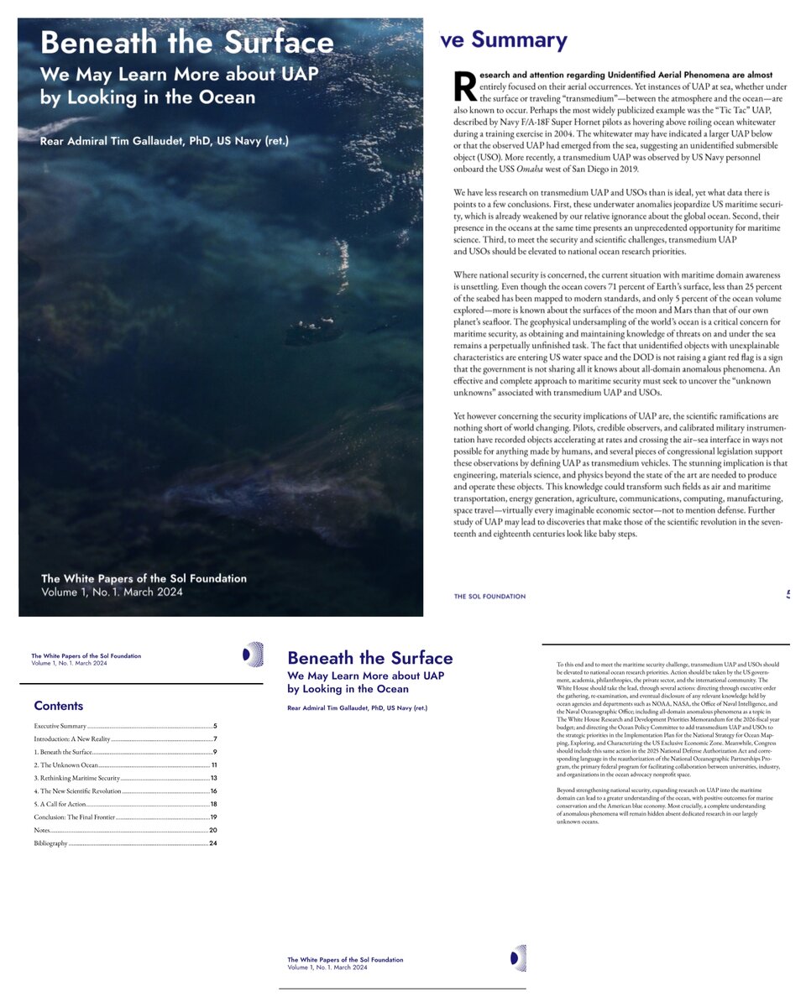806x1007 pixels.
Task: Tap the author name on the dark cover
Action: coord(164,140)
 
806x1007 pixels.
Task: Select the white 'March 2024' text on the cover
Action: coord(153,592)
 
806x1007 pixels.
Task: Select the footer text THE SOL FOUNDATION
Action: coord(489,597)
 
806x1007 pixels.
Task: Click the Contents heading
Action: coord(58,706)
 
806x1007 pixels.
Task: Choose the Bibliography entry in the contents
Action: coord(50,843)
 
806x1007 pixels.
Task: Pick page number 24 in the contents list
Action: coord(213,843)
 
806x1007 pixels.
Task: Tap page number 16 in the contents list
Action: coord(214,791)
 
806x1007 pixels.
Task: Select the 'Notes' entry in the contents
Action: coord(41,830)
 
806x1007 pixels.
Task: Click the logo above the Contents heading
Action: coord(252,655)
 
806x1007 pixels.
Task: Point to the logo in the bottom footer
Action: coord(519,957)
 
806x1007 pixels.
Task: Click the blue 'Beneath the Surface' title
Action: coord(369,658)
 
